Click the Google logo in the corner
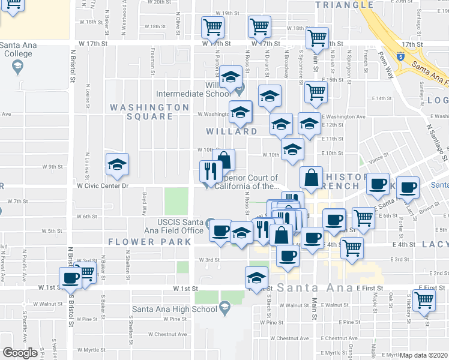coord(20,353)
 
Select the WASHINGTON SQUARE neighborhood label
coord(149,111)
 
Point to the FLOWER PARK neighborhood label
coord(150,242)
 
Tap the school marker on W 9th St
coord(118,164)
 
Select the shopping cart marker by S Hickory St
coord(424,299)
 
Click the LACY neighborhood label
coord(435,244)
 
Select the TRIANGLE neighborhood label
coord(345,5)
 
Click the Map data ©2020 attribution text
coord(424,355)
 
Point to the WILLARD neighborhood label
coord(232,131)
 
